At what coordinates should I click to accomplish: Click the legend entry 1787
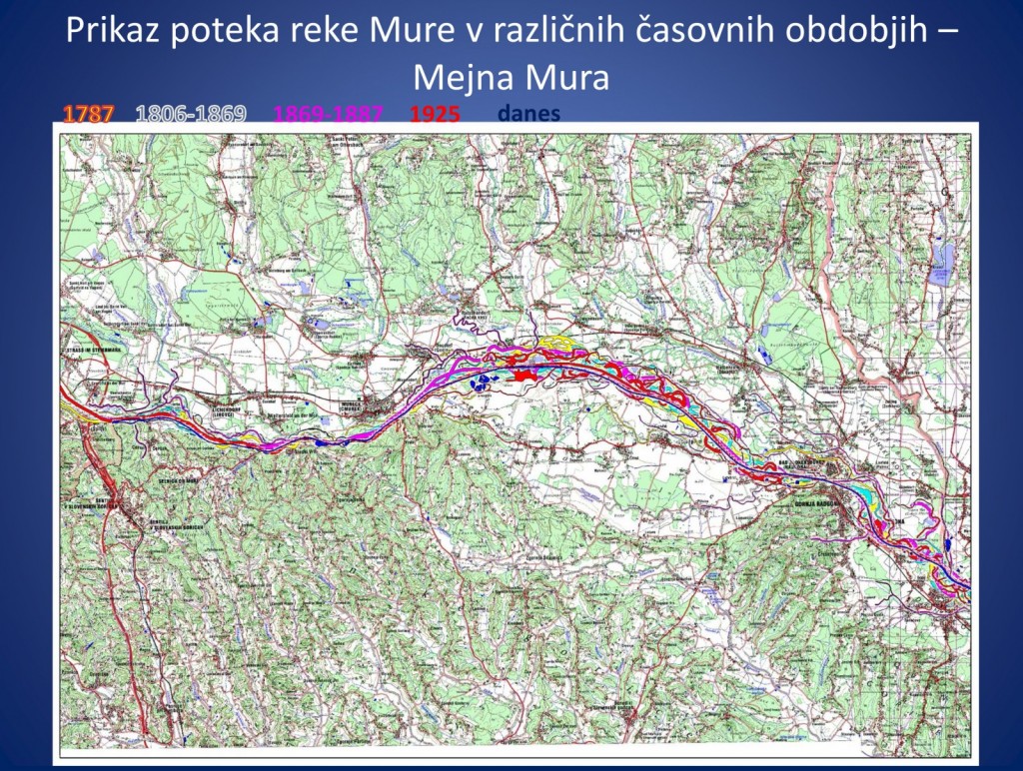point(89,114)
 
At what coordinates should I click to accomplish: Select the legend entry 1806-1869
point(190,114)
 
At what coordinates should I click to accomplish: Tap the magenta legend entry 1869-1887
point(328,114)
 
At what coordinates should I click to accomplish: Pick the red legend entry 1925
point(435,114)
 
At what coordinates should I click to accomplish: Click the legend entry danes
point(528,114)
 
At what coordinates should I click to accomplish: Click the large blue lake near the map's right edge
point(941,262)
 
